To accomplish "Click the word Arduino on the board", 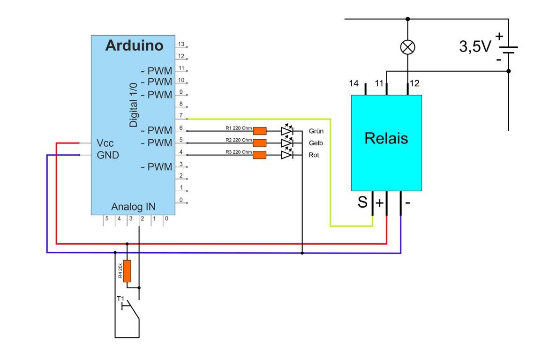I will [134, 45].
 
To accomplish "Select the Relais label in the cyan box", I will [386, 138].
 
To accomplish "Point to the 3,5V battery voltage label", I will [474, 47].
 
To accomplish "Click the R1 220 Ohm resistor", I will [259, 131].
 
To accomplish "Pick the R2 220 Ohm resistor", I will [259, 143].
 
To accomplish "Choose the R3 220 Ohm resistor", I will [259, 155].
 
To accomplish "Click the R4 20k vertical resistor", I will [127, 271].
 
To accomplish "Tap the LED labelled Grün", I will [287, 131].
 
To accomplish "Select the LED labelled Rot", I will [287, 155].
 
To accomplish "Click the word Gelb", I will [316, 143].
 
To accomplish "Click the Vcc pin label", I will [105, 142].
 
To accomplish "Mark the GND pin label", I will [108, 155].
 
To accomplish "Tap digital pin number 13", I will [181, 44].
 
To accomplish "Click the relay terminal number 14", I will [354, 83].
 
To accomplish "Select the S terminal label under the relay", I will [362, 203].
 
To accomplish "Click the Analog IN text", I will [133, 207].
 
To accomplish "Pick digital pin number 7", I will [181, 115].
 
